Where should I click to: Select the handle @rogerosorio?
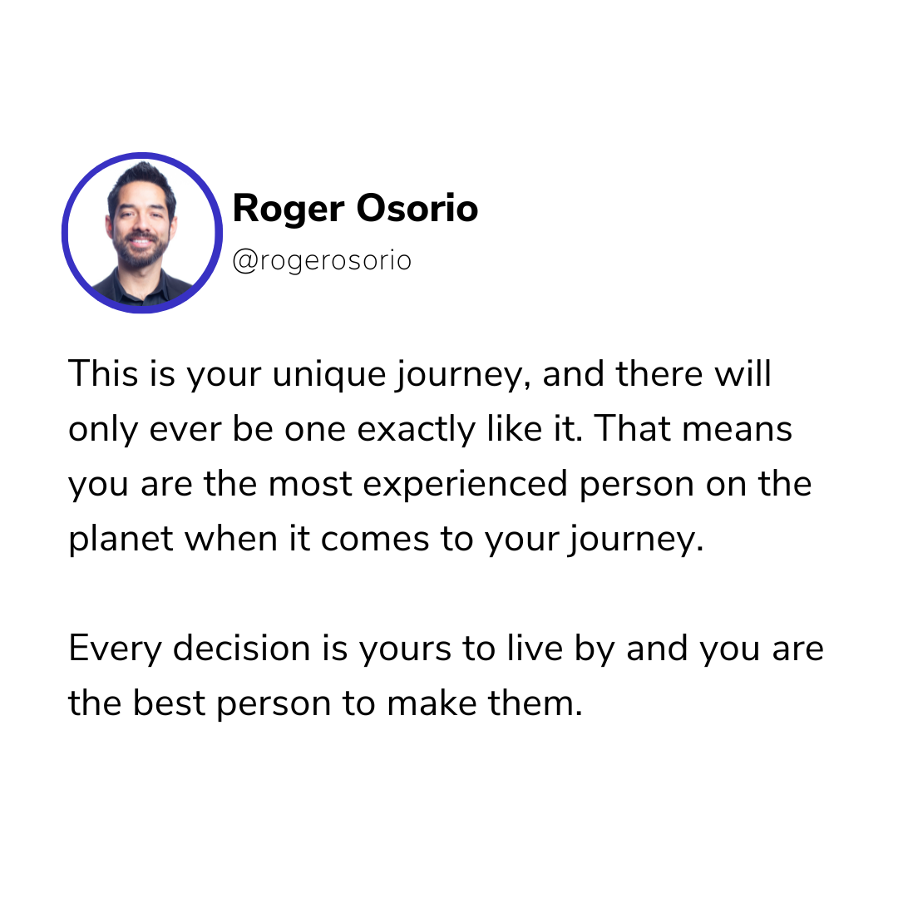coord(322,261)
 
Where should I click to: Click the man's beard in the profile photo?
coord(141,252)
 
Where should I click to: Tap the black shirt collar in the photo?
coord(141,289)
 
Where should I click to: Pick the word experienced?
coord(465,485)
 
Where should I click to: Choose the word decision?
coord(242,648)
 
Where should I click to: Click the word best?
coord(169,703)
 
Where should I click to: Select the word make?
coord(432,703)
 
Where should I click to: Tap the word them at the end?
coord(535,703)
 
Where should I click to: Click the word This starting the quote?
coord(103,373)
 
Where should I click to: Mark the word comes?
coord(374,541)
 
